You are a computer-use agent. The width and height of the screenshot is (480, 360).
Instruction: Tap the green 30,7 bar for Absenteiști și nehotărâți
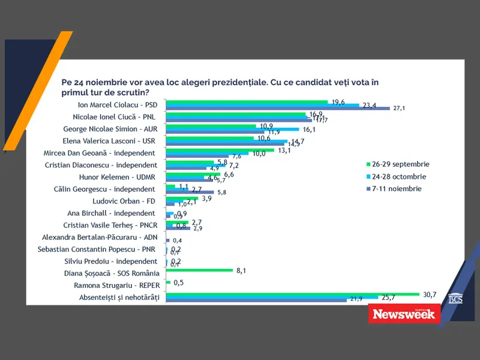pyautogui.click(x=292, y=294)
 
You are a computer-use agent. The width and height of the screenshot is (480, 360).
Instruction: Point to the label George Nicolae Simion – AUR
pyautogui.click(x=112, y=128)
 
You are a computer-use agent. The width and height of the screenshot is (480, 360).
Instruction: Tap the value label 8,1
pyautogui.click(x=242, y=271)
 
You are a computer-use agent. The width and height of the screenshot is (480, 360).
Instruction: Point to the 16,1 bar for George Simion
pyautogui.click(x=232, y=129)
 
